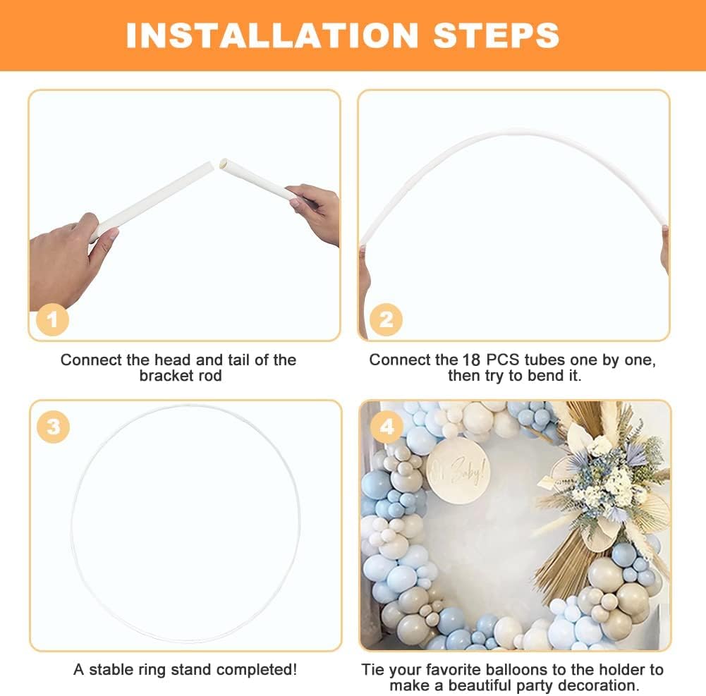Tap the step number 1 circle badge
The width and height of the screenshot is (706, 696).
click(52, 320)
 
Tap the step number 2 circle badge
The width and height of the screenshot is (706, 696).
click(386, 320)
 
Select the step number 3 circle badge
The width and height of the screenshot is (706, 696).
click(53, 427)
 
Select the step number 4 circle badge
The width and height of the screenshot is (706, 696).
click(386, 427)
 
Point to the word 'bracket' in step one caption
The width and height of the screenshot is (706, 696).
click(166, 376)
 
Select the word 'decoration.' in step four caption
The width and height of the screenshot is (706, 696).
click(602, 685)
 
